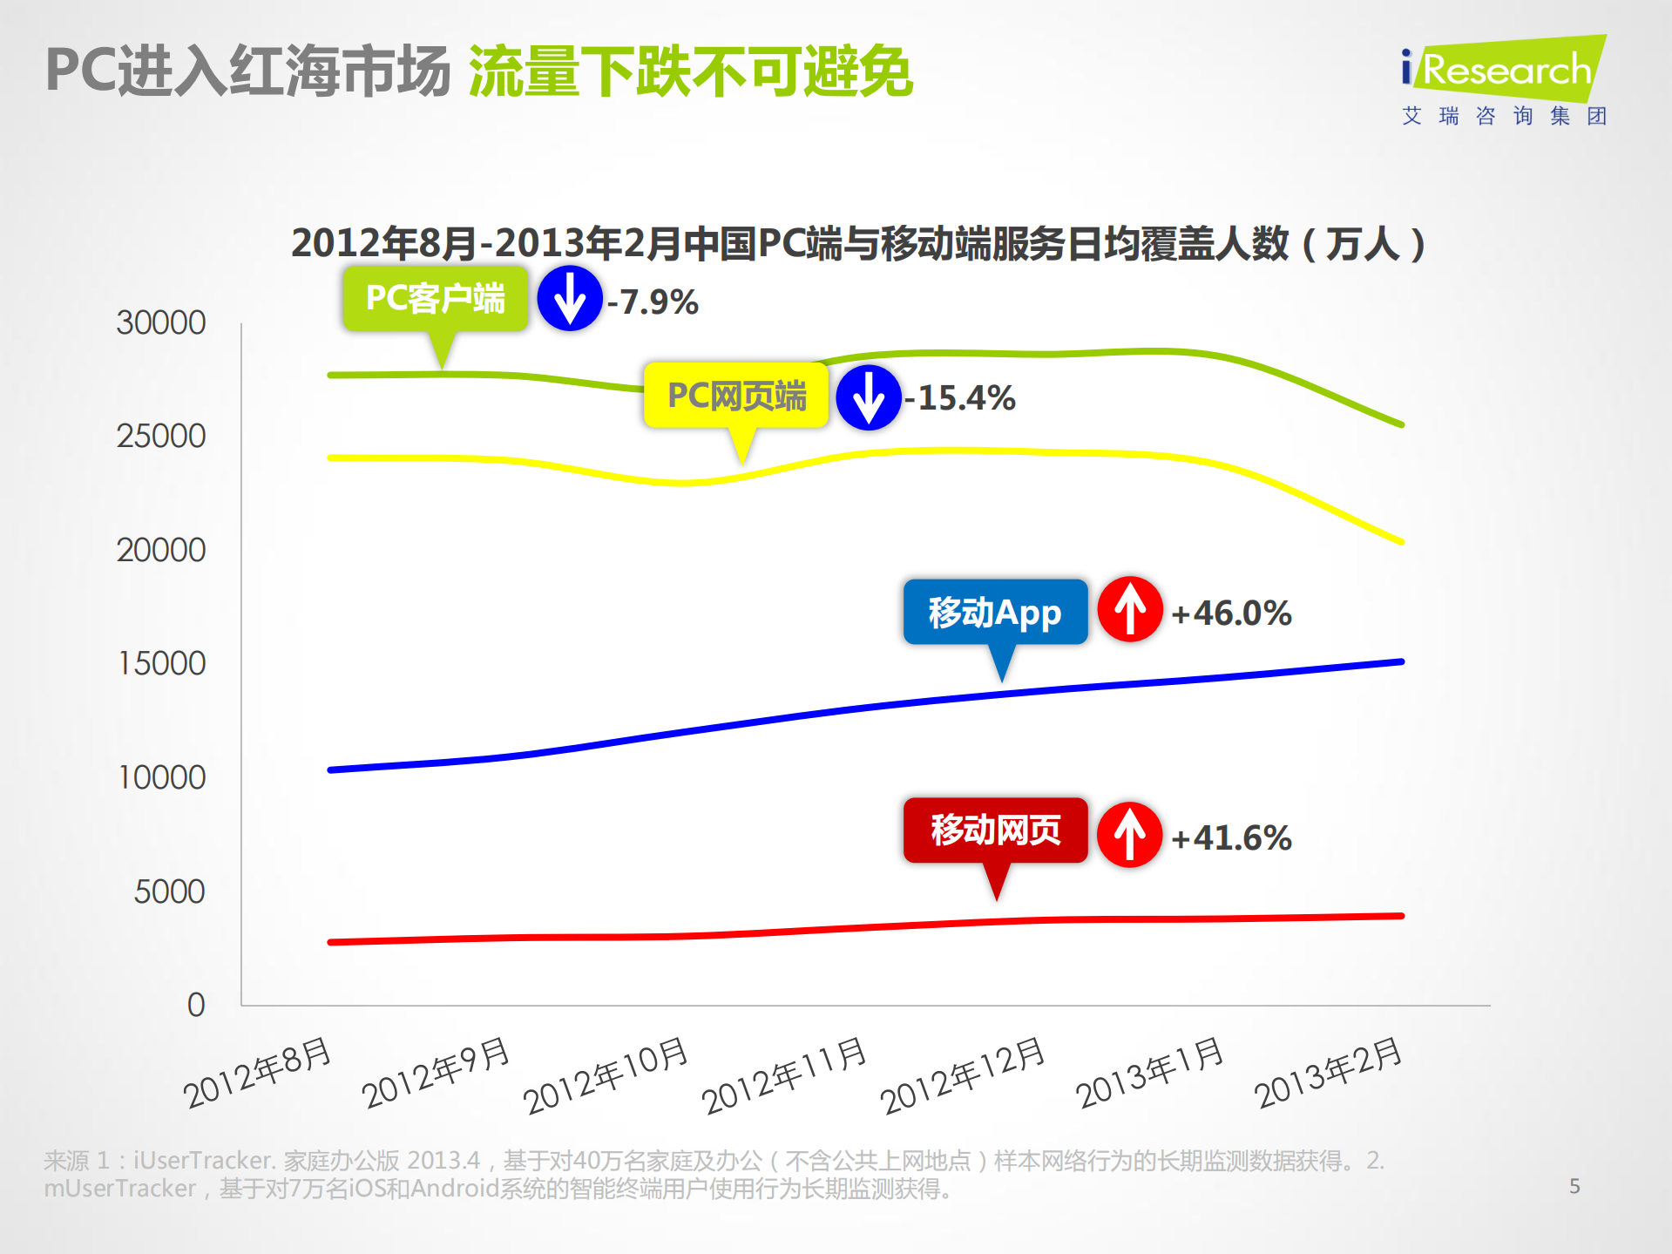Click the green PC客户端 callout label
coord(435,299)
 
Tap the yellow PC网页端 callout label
coord(736,396)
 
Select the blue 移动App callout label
coord(995,613)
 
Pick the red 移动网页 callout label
coord(995,830)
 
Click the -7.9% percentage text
coord(653,302)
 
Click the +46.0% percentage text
coord(1230,613)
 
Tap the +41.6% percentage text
coord(1230,838)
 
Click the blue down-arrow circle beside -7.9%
coord(570,299)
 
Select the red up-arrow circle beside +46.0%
coord(1130,609)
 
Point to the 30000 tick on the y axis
coord(161,323)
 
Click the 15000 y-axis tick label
coord(162,664)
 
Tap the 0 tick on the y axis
coord(196,1005)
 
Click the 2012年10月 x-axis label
coord(606,1075)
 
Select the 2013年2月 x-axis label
coord(1328,1073)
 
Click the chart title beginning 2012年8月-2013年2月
coord(857,243)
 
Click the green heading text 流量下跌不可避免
coord(690,71)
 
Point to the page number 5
coord(1574,1186)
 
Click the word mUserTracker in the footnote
coord(119,1189)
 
